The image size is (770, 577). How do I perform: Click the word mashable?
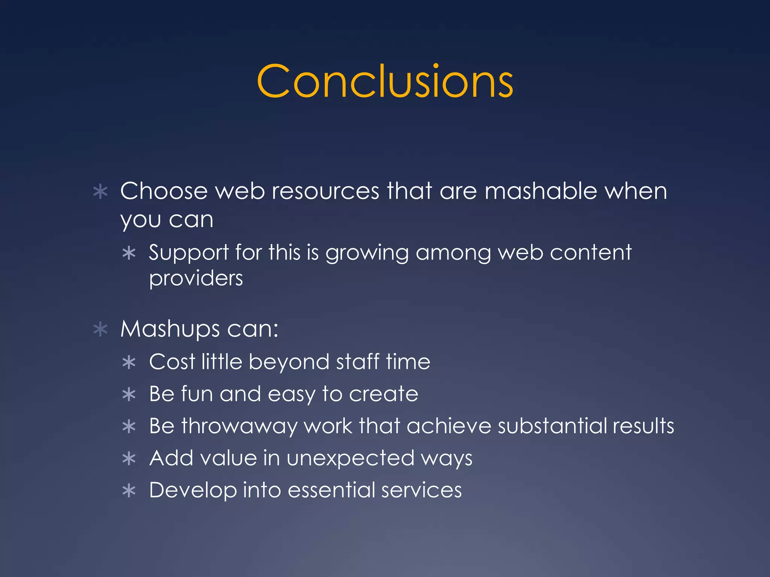tap(541, 191)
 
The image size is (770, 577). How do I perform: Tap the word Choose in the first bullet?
tap(164, 191)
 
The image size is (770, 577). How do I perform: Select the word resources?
tap(325, 191)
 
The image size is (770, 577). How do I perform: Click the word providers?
tap(196, 279)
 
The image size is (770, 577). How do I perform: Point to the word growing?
tap(367, 252)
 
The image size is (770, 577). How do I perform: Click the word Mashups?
tap(170, 329)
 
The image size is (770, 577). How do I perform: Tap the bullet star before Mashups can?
tap(100, 329)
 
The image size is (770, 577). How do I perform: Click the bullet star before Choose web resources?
tap(100, 192)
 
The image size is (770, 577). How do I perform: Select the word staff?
tap(357, 362)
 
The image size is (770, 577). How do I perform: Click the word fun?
tap(197, 394)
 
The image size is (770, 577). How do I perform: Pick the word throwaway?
tap(239, 426)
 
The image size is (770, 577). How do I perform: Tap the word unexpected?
tap(350, 459)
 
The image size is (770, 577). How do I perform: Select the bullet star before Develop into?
tap(129, 491)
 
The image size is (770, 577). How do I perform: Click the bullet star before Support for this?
tap(129, 253)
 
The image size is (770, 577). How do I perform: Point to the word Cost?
tap(172, 362)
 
